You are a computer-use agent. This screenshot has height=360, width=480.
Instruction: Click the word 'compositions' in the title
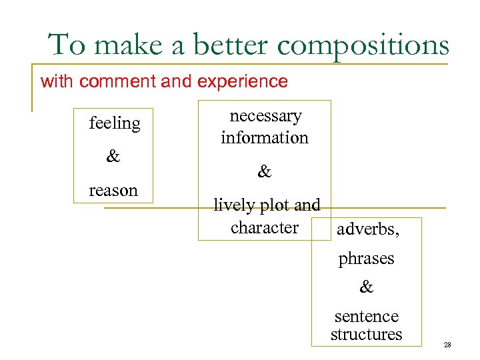363,45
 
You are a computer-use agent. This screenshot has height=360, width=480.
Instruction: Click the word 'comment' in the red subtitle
118,82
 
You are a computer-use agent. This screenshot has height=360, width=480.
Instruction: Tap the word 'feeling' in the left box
115,124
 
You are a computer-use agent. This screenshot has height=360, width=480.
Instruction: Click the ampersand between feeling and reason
113,157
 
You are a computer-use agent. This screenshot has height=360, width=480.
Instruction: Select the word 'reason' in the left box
113,191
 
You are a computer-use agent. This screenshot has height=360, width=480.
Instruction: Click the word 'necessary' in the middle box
265,117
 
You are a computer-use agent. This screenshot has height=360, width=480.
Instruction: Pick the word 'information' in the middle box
265,138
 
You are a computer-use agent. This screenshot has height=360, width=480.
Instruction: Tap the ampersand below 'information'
265,173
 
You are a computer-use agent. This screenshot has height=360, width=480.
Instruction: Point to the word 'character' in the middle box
265,228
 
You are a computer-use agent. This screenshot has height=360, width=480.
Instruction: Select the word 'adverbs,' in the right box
368,231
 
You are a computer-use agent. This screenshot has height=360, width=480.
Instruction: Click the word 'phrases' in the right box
366,259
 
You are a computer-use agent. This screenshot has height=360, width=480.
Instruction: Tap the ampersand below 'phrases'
366,288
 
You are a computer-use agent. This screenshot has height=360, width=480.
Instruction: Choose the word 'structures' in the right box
366,335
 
